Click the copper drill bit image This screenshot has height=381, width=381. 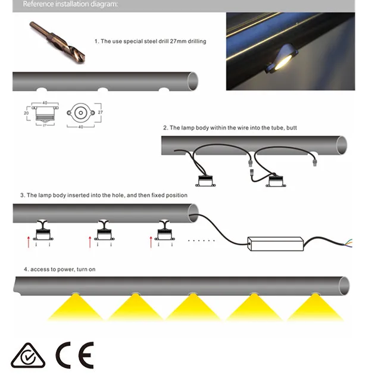[57, 42]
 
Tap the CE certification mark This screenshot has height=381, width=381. [75, 355]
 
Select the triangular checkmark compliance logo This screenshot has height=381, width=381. [28, 355]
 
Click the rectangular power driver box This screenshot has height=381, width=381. [276, 243]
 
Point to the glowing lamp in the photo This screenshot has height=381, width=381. [283, 63]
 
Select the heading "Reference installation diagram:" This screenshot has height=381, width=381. [70, 4]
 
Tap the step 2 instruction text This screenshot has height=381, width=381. [230, 128]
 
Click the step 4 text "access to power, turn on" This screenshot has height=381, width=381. [63, 269]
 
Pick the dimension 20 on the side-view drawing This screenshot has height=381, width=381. [26, 113]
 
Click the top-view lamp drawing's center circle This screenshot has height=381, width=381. [81, 113]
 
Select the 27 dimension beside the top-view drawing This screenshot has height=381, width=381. [101, 113]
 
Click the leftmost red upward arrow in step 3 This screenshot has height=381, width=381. [29, 242]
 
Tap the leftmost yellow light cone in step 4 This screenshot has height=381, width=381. [76, 307]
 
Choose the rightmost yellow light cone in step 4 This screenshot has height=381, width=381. [315, 307]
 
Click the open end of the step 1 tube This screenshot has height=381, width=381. [193, 81]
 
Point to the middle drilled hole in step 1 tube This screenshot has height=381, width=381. [103, 89]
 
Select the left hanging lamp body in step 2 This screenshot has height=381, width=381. [205, 181]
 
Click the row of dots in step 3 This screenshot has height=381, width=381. [201, 241]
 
